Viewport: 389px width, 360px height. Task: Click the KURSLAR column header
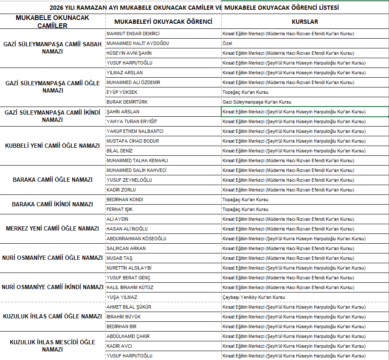[305, 21]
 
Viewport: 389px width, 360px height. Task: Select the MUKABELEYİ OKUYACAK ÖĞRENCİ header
[163, 21]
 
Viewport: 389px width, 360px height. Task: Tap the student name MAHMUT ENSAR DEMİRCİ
[133, 34]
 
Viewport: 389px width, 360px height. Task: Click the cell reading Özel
[227, 43]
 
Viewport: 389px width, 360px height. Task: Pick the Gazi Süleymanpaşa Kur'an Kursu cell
[257, 102]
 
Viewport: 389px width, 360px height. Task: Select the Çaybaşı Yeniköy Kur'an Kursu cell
[254, 297]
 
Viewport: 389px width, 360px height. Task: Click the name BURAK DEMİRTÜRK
[127, 102]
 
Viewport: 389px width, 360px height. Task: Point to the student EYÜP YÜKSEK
[122, 92]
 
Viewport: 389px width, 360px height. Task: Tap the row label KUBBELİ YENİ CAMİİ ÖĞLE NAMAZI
[52, 146]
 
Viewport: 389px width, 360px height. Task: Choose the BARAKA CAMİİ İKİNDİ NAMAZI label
[52, 204]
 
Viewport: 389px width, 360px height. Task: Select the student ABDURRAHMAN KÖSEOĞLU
[136, 239]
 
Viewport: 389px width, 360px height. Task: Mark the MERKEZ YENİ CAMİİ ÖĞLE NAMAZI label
[52, 228]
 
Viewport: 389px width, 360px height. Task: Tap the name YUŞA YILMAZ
[122, 297]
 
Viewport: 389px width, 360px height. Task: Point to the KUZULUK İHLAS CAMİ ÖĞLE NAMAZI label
[52, 316]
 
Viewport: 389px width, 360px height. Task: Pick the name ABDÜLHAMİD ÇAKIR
[128, 336]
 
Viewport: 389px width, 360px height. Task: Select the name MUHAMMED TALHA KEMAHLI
[137, 160]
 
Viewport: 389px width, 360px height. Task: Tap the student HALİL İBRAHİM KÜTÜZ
[130, 287]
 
